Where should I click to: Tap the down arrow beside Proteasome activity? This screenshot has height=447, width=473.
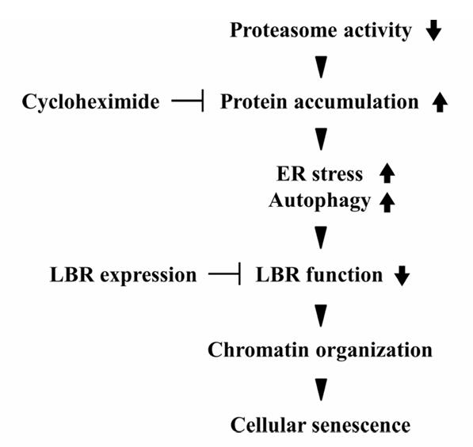click(x=434, y=30)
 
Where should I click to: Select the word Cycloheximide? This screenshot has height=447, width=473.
click(x=90, y=101)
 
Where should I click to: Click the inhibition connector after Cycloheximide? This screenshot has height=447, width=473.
click(x=188, y=101)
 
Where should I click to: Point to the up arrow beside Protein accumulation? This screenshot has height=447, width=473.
click(x=440, y=102)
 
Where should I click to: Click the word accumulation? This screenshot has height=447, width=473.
click(x=357, y=101)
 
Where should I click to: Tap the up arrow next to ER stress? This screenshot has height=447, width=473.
click(x=387, y=173)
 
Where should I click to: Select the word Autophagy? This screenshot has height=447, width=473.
click(x=319, y=201)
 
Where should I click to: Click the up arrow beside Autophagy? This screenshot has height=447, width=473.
click(x=387, y=203)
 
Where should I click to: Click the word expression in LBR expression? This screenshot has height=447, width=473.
click(x=148, y=276)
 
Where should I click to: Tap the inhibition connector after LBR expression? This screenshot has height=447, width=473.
click(x=224, y=273)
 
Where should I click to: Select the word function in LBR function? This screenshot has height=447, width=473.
click(x=345, y=275)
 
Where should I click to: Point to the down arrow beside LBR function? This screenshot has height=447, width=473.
click(x=402, y=276)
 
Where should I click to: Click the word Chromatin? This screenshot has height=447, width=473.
click(x=258, y=350)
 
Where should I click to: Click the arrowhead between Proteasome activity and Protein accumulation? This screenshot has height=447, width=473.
click(x=321, y=67)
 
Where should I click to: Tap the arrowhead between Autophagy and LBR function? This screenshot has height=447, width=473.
click(x=321, y=238)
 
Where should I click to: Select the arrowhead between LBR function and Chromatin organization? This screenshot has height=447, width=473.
click(x=321, y=316)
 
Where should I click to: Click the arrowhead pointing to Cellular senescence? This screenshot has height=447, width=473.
click(x=321, y=390)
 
